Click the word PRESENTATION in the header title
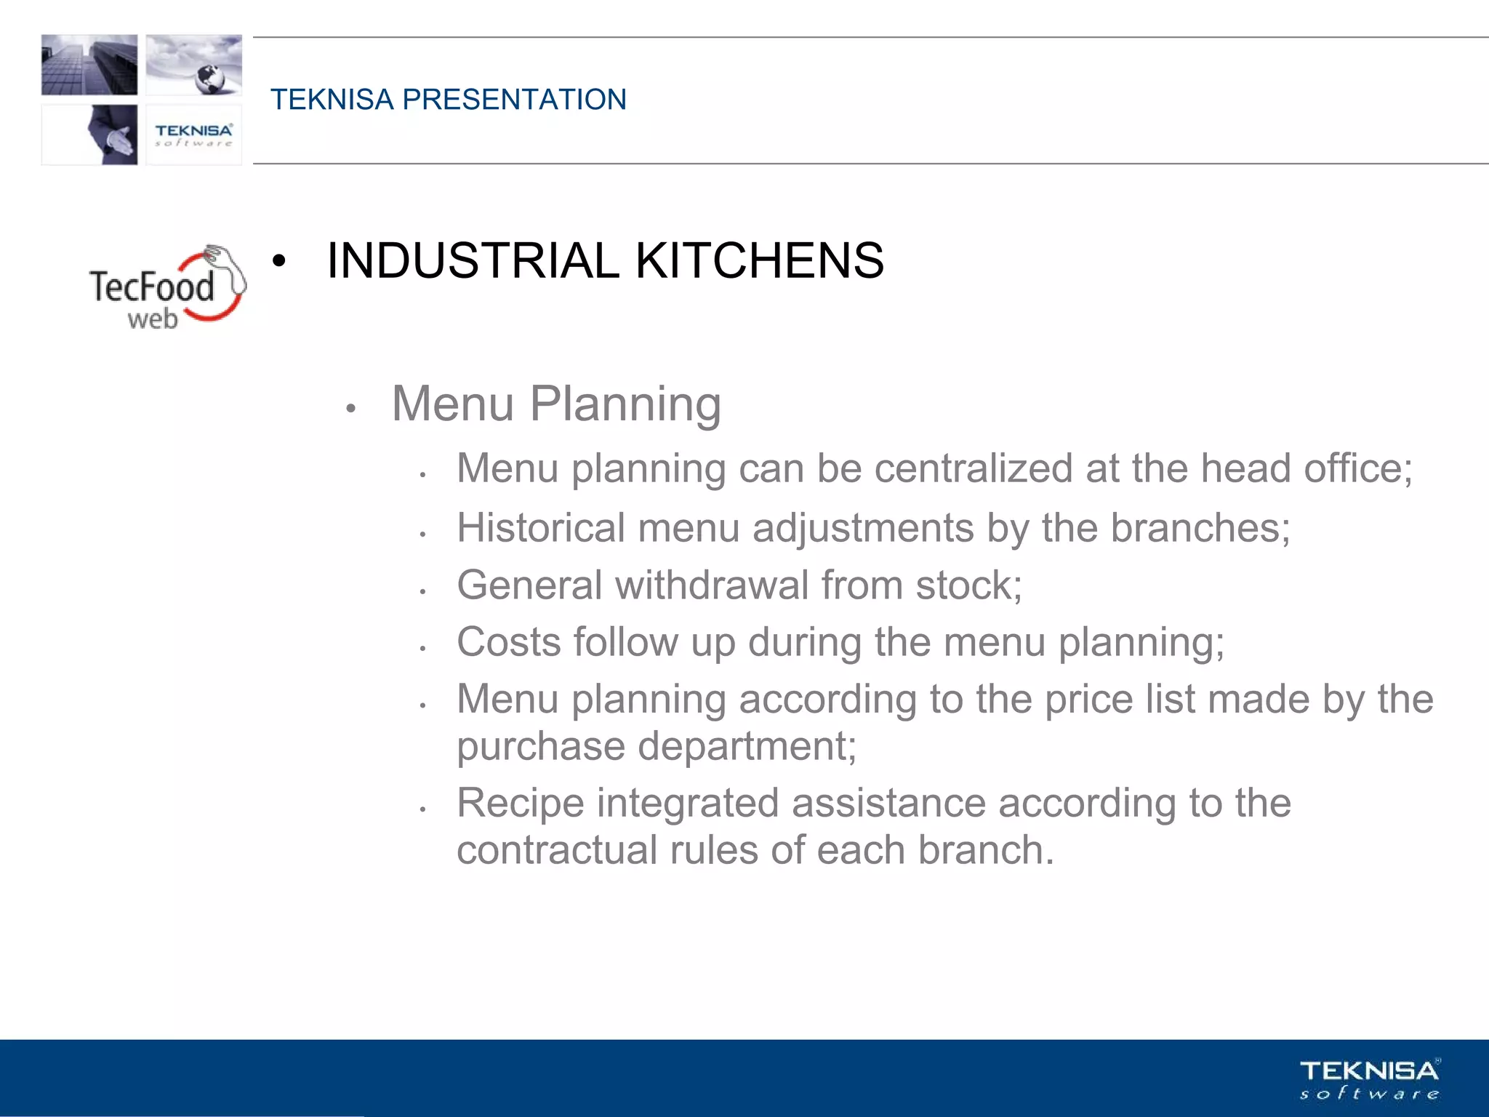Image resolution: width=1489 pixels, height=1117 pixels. tap(514, 100)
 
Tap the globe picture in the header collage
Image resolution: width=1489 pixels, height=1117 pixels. tap(194, 65)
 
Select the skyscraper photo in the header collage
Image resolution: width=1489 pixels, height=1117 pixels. tap(89, 65)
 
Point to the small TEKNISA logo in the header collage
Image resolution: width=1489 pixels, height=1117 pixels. tap(193, 135)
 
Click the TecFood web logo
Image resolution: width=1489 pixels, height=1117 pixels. tap(167, 288)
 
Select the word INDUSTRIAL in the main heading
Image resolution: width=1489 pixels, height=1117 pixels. tap(473, 260)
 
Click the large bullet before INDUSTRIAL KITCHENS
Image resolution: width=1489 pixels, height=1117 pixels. tap(279, 261)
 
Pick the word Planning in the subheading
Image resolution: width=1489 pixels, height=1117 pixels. tap(625, 404)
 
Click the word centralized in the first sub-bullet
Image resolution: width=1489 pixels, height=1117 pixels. tap(973, 468)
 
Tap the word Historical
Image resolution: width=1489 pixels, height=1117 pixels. tap(541, 527)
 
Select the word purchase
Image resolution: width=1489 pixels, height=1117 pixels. tap(541, 747)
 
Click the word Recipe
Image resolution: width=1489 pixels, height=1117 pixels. tap(521, 804)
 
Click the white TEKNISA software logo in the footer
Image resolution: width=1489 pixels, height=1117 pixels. tap(1370, 1079)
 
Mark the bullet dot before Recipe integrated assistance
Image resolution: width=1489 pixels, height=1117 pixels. tap(422, 809)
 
